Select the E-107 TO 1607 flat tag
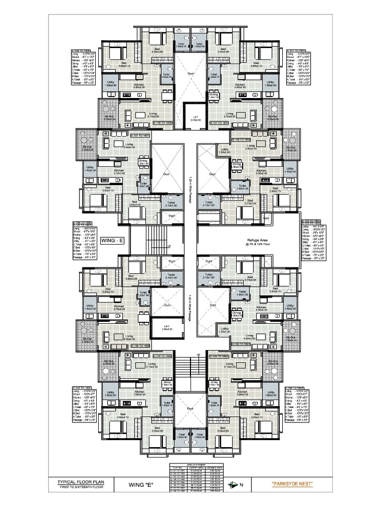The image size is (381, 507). tap(140, 135)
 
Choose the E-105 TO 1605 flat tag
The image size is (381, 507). tap(162, 355)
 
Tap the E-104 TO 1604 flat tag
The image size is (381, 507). tap(218, 355)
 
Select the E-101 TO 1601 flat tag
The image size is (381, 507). tap(218, 121)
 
